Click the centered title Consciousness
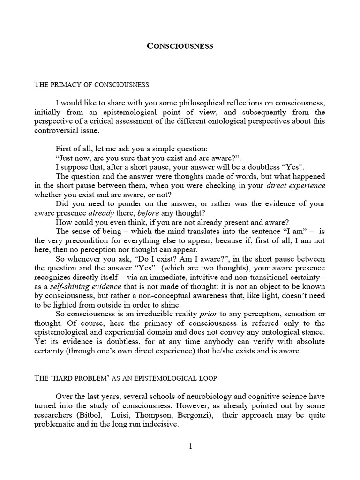[180, 46]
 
